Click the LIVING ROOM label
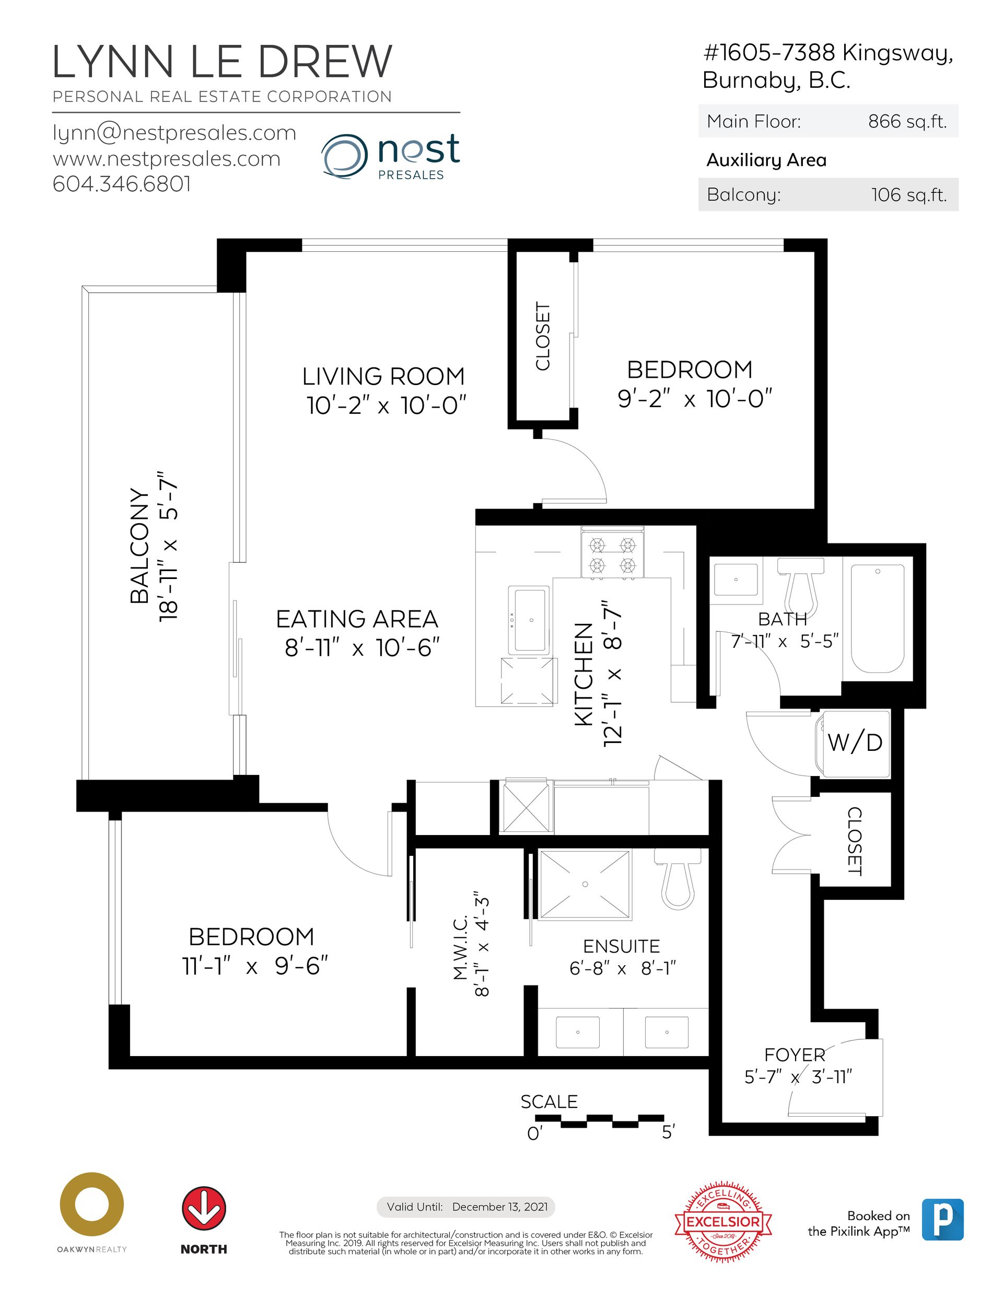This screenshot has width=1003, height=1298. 383,376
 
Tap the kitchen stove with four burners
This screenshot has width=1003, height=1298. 612,554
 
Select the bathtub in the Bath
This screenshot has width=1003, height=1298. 878,618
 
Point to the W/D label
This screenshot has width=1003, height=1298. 855,743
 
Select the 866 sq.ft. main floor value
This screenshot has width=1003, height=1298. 907,122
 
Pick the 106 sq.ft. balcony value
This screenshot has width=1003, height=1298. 909,195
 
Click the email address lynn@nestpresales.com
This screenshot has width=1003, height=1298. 174,133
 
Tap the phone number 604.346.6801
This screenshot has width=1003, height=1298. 122,183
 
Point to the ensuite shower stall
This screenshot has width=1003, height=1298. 585,884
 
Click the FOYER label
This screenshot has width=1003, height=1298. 795,1055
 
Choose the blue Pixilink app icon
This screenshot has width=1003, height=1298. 942,1220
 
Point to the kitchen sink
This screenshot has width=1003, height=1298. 531,620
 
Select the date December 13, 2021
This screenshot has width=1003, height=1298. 500,1207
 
